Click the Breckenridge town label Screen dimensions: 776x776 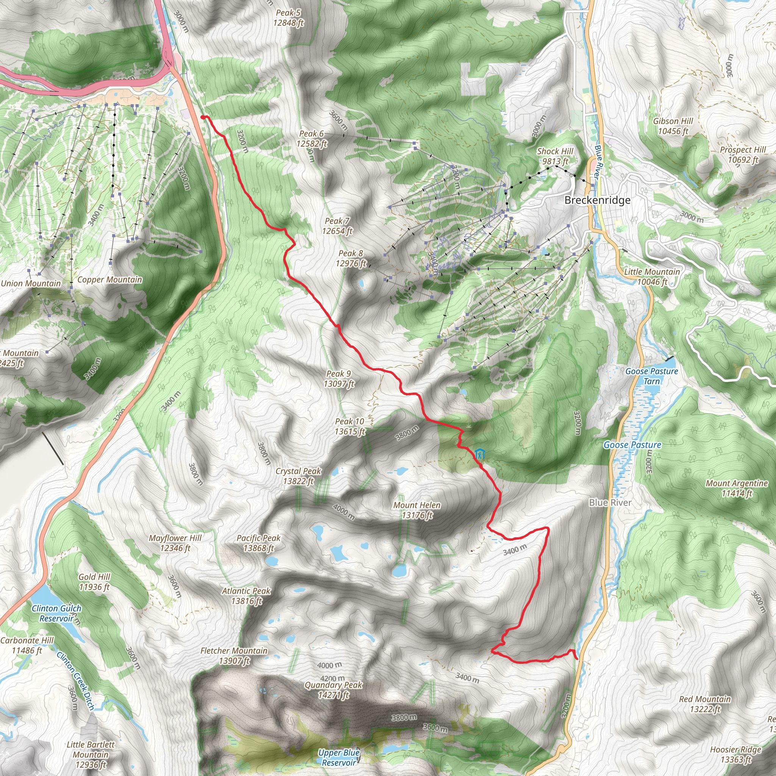click(x=597, y=200)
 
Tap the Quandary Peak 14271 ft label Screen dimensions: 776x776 click(x=333, y=690)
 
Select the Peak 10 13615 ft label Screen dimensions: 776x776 click(x=350, y=427)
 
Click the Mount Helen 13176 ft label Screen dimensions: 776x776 click(x=417, y=510)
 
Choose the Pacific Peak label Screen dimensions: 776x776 click(x=258, y=543)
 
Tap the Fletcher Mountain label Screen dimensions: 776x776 click(x=234, y=656)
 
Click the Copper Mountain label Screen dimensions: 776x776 click(x=110, y=280)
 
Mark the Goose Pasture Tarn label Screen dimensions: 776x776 click(x=651, y=376)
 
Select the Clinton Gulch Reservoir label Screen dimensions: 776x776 click(x=56, y=613)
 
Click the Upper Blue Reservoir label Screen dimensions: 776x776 click(x=339, y=757)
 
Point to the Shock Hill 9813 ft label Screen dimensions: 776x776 click(x=555, y=156)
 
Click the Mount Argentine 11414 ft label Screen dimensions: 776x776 click(x=737, y=488)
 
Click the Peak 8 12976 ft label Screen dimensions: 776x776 click(x=351, y=258)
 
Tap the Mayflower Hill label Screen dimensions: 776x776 click(x=175, y=543)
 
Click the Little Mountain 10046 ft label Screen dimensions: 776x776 click(x=652, y=277)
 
